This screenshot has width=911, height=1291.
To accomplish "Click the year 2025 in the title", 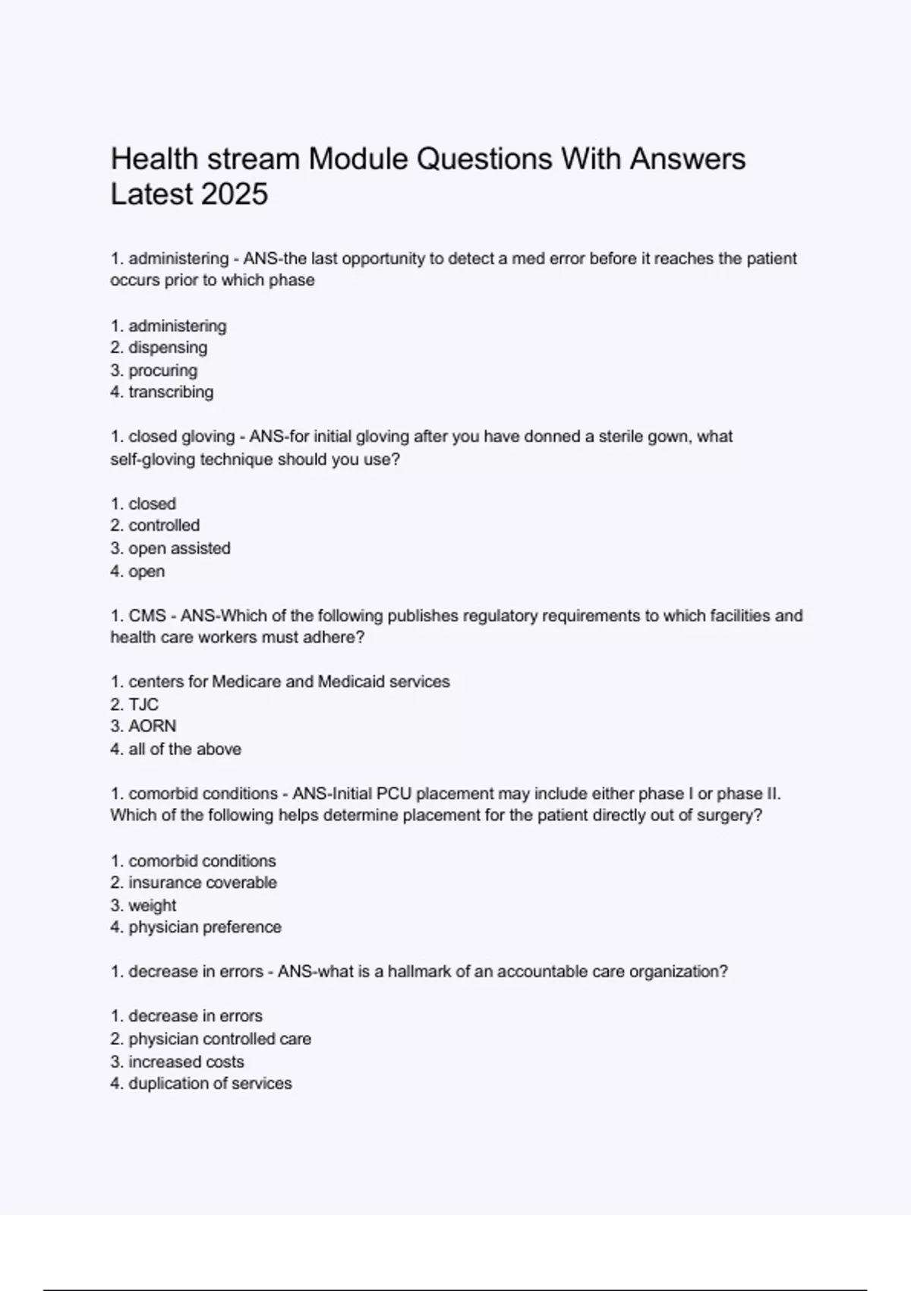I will pyautogui.click(x=235, y=194).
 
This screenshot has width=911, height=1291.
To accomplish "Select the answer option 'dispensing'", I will pyautogui.click(x=167, y=348).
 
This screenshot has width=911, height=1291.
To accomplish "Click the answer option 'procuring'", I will pyautogui.click(x=162, y=371).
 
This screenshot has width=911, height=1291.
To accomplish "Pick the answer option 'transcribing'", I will pyautogui.click(x=171, y=393).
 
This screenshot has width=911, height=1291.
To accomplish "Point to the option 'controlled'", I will pyautogui.click(x=164, y=526).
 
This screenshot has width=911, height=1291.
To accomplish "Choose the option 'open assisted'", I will pyautogui.click(x=179, y=548).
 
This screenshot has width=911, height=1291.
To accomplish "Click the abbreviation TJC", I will pyautogui.click(x=143, y=704).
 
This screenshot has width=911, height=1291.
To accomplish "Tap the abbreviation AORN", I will pyautogui.click(x=152, y=726).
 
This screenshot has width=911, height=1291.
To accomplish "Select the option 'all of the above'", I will pyautogui.click(x=184, y=749).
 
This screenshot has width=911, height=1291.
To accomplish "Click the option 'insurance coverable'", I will pyautogui.click(x=202, y=882).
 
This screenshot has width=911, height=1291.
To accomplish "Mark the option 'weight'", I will pyautogui.click(x=152, y=905).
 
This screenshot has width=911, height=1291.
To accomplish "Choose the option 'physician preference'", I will pyautogui.click(x=205, y=927).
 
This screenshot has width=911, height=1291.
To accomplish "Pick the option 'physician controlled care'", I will pyautogui.click(x=219, y=1039).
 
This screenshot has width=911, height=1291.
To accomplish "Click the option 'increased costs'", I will pyautogui.click(x=186, y=1062).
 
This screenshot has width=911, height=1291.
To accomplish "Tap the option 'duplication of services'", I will pyautogui.click(x=210, y=1084).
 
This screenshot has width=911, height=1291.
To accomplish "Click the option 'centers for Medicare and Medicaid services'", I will pyautogui.click(x=288, y=682).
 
